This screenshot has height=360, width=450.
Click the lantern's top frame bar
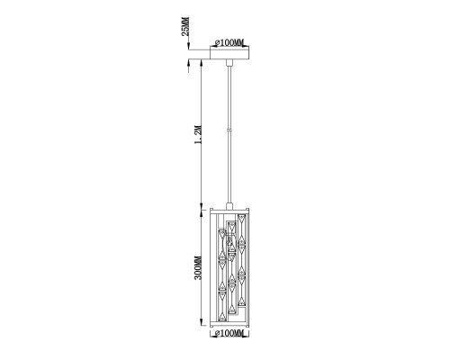pyautogui.click(x=231, y=211)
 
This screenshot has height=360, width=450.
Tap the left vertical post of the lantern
pyautogui.click(x=212, y=267)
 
